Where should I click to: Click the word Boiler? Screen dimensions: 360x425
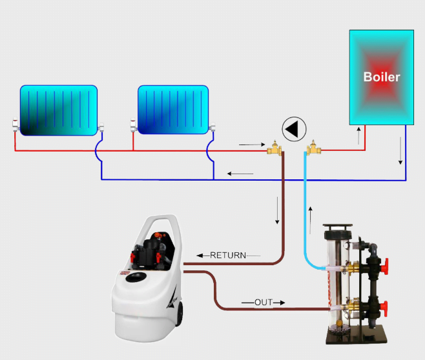pos(381,77)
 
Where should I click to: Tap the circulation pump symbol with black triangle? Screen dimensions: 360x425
pos(295,128)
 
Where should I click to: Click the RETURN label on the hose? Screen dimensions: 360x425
pos(228,255)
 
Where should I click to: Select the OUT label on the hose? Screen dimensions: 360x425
pos(263,302)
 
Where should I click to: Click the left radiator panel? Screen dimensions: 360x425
pos(58,110)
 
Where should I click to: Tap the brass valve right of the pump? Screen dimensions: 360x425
pos(314,150)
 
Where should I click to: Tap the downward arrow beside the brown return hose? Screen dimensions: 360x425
pos(278,211)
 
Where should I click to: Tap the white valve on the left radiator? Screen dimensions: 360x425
pos(15,125)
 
